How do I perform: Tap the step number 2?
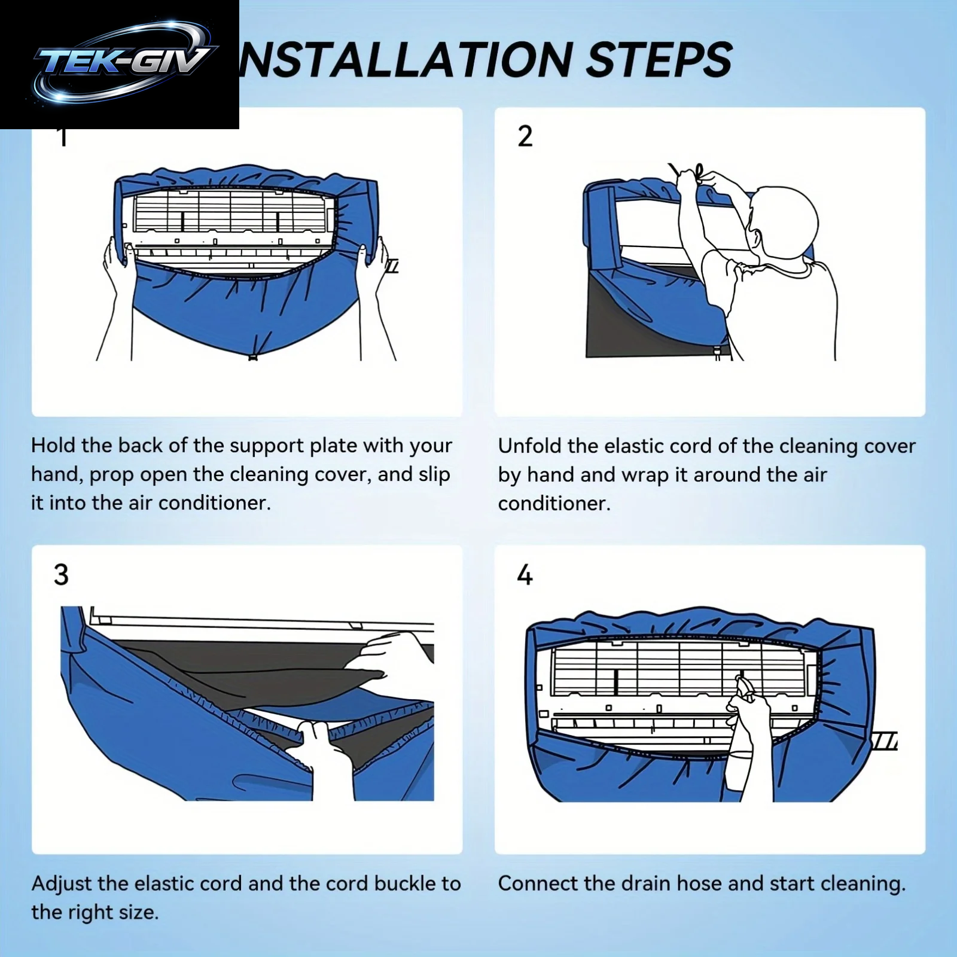(525, 136)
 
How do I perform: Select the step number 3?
(61, 574)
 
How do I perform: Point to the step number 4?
(525, 575)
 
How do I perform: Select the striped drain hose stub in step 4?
(884, 740)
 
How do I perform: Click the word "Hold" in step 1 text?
(53, 446)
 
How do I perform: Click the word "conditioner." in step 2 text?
(554, 503)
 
